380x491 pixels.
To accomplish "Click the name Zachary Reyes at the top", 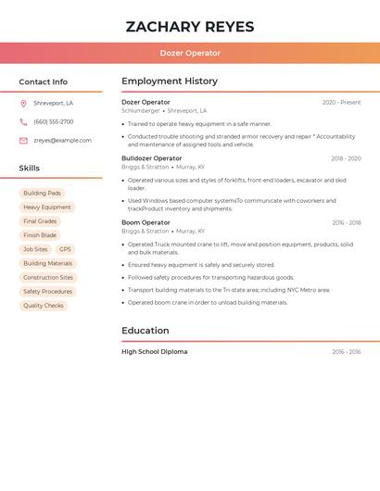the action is tap(190, 27).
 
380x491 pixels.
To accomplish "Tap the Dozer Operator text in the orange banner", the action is tap(190, 54).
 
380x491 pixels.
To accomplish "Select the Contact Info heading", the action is tap(44, 82).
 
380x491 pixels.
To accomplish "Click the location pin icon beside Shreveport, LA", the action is tap(23, 104).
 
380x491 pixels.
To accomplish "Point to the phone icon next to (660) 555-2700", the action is tap(23, 122).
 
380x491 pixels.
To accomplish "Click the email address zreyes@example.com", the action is tap(62, 141).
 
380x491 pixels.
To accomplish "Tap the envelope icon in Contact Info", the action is tap(23, 141).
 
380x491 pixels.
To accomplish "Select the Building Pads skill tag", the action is tap(42, 194).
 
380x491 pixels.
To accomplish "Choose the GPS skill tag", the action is tap(65, 249).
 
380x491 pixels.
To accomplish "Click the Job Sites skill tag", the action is tap(35, 249).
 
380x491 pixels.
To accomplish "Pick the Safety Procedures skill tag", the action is tap(47, 292).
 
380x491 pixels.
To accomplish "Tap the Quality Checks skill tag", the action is tap(44, 306).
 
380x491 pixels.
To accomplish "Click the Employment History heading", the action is tap(170, 82).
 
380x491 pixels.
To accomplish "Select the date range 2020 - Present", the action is tap(341, 103).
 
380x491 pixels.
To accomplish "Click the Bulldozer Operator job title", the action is tap(152, 158).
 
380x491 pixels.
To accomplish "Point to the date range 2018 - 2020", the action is tap(346, 158).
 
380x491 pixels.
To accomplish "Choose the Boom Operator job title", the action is tap(146, 222).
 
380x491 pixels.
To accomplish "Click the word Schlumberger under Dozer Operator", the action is tap(141, 111).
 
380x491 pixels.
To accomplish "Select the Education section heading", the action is tap(146, 331).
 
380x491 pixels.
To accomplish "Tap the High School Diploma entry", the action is tap(154, 352).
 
